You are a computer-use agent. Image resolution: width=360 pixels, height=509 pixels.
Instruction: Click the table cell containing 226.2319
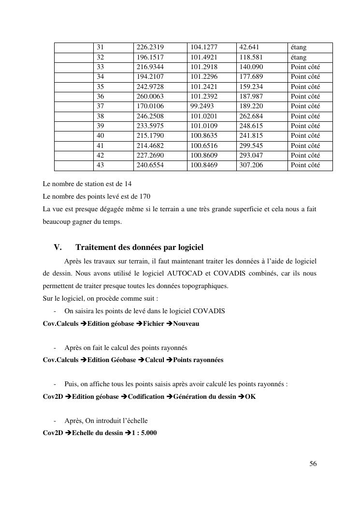(x=150, y=47)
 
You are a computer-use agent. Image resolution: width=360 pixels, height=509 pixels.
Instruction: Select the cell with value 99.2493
(x=202, y=106)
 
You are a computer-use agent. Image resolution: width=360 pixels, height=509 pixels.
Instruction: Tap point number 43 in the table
(x=101, y=165)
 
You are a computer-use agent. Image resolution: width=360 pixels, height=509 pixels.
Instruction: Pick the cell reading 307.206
(x=251, y=165)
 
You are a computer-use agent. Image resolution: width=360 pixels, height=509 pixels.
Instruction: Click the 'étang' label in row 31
(x=299, y=47)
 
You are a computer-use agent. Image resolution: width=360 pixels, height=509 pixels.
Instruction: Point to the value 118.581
(x=251, y=57)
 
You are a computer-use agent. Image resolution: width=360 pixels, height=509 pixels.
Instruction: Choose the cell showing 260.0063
(x=150, y=97)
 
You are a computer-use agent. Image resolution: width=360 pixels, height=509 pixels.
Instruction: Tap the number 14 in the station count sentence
(x=128, y=184)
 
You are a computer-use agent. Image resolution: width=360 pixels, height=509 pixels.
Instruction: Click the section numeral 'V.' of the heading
(x=58, y=247)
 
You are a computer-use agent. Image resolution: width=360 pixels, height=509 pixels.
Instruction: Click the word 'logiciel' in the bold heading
(x=189, y=247)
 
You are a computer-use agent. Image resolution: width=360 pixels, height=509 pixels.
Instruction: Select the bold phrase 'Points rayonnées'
(x=198, y=360)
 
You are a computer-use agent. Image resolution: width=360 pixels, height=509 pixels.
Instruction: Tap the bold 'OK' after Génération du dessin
(x=251, y=397)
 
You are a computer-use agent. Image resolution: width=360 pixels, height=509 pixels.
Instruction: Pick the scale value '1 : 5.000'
(x=144, y=433)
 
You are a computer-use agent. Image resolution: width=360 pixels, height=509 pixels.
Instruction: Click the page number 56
(x=313, y=464)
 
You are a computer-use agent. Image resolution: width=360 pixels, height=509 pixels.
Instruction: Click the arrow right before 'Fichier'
(x=139, y=323)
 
